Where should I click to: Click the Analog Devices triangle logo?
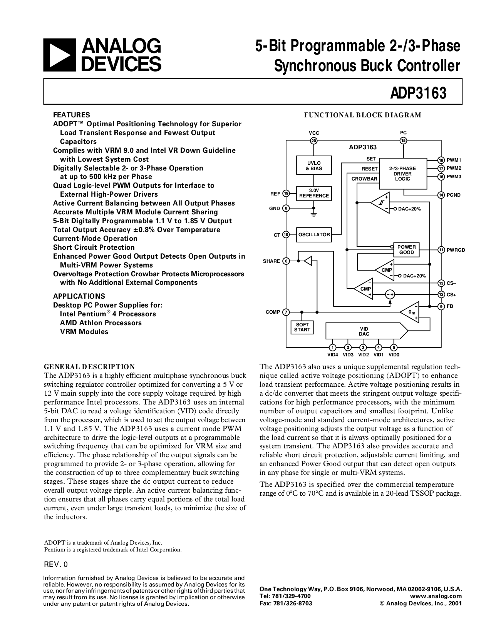point(60,55)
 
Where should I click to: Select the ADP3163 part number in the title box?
point(418,93)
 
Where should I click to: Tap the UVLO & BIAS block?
point(314,165)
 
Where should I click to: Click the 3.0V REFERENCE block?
point(314,193)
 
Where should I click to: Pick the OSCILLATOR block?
point(314,235)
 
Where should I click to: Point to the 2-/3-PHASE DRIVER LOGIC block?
point(403,174)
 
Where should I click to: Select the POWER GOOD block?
point(406,250)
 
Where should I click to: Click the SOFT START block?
point(302,327)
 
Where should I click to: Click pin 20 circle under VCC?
point(314,141)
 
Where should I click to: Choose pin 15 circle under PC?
point(403,140)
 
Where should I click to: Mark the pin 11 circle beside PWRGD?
point(441,250)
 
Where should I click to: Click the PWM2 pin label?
point(454,168)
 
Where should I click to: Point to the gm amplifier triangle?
point(410,312)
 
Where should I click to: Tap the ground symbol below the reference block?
point(314,214)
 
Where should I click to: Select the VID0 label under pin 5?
point(394,355)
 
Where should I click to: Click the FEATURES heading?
point(71,115)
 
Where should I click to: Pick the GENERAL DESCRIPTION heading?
point(89,367)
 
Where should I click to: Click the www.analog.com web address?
point(436,596)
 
